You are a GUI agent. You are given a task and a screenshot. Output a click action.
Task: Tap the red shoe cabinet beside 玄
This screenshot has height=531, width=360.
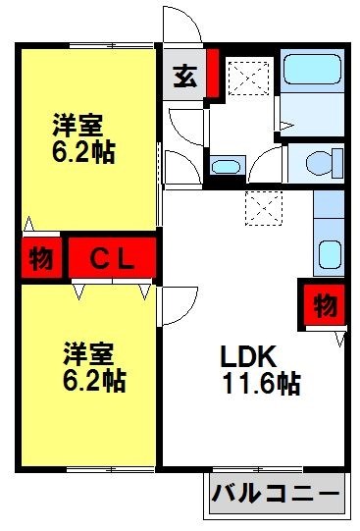point(212,73)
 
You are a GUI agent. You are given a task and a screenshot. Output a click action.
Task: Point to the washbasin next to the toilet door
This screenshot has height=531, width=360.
point(227,165)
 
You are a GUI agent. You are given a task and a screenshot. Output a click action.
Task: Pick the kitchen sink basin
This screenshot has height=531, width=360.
point(328,255)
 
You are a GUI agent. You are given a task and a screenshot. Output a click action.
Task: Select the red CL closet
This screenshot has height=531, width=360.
point(113,259)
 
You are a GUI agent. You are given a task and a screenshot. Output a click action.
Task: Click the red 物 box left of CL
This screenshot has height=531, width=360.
point(40,260)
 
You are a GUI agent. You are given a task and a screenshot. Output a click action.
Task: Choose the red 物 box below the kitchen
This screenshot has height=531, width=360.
point(324,305)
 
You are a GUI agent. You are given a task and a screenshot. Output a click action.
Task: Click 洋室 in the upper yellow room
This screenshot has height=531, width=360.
point(77,126)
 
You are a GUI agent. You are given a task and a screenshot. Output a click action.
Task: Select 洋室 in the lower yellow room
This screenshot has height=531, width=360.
point(89,351)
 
